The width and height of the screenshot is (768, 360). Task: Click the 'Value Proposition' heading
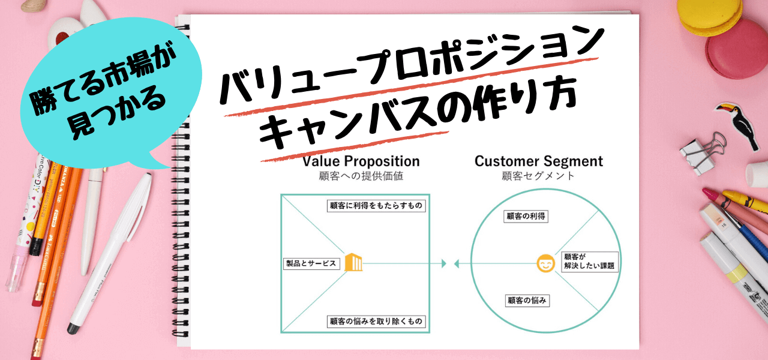[361, 161]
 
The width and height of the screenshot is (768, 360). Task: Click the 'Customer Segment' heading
[539, 161]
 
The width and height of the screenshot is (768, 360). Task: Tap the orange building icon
[353, 262]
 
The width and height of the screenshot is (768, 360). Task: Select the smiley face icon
[545, 263]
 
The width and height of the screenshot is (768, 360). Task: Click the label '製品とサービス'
[311, 263]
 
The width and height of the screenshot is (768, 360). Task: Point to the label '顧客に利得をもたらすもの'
[376, 206]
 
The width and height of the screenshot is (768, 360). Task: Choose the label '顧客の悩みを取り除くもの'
[376, 321]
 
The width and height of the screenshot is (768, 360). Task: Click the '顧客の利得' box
[526, 217]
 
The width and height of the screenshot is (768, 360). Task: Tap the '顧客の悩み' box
[527, 301]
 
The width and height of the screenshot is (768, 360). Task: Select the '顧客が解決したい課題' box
[590, 262]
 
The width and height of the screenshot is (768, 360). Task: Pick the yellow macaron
[709, 16]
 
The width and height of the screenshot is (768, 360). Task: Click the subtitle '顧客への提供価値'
[361, 176]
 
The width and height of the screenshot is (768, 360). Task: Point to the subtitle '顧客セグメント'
[538, 176]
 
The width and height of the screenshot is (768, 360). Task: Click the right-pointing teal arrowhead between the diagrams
[444, 263]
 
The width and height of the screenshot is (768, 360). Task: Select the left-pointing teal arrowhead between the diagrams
[457, 263]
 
